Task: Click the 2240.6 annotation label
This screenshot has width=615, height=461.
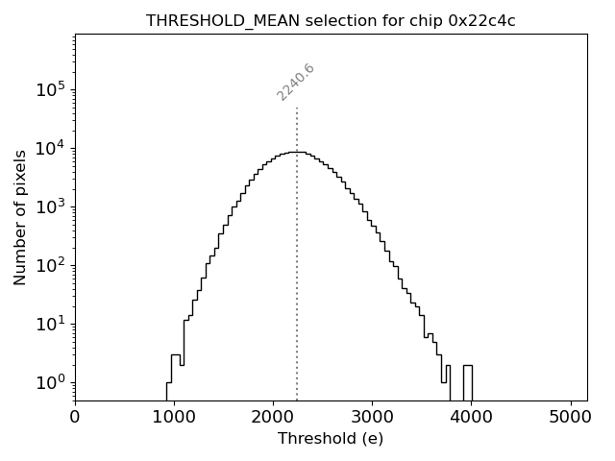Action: pyautogui.click(x=296, y=82)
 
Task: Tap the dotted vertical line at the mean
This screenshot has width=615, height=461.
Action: pyautogui.click(x=297, y=269)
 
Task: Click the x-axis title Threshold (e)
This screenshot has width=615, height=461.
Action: pyautogui.click(x=331, y=439)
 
